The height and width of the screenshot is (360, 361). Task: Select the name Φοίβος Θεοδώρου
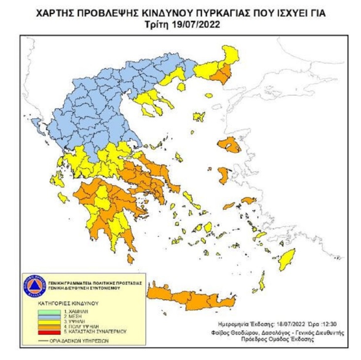[x=238, y=333]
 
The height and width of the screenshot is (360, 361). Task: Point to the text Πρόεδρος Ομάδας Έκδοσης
[x=301, y=341]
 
